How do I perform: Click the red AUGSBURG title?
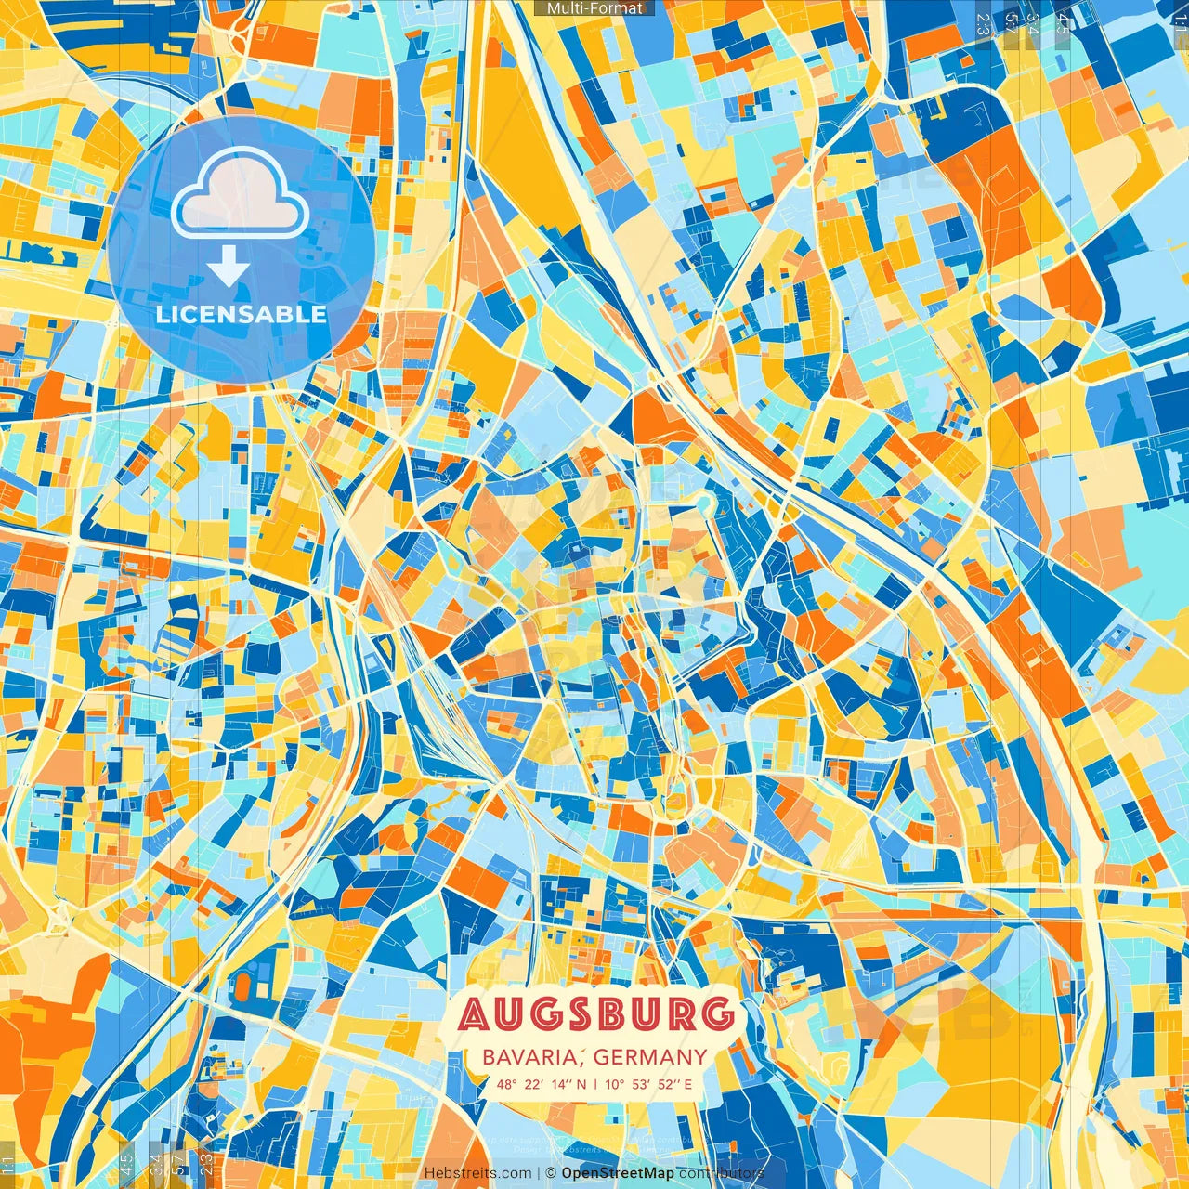594,1014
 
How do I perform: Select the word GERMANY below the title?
650,1057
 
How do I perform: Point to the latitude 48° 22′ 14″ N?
542,1083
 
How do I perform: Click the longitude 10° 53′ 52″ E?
649,1083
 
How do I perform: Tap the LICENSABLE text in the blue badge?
241,314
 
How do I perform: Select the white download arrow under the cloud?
228,267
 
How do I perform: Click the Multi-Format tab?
594,8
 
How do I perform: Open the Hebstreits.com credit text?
477,1173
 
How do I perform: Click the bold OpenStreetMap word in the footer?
618,1173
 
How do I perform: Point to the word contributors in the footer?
721,1173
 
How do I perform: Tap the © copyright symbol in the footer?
550,1173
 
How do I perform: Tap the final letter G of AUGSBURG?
714,1014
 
